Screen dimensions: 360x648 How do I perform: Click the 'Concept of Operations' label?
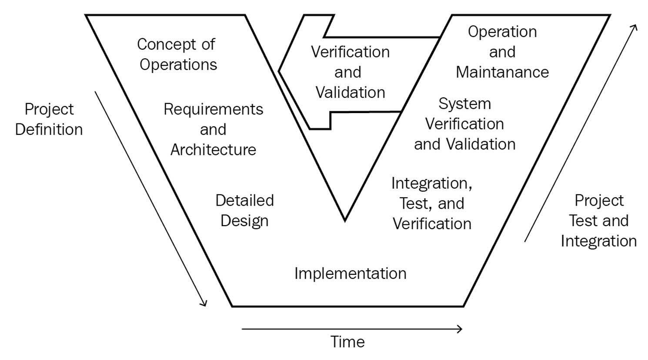pos(177,54)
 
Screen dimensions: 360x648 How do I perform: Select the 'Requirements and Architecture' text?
pos(213,129)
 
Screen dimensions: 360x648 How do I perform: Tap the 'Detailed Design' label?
pos(244,210)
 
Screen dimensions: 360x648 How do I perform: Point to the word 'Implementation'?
pos(350,273)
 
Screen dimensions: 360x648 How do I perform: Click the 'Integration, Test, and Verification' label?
pos(432,203)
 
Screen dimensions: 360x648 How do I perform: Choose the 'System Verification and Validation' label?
pos(464,124)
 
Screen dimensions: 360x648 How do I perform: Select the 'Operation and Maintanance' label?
pos(502,52)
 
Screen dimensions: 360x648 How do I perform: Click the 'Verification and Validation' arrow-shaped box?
pos(350,72)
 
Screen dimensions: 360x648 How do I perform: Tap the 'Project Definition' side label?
pos(49,119)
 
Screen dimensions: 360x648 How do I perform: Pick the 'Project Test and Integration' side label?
pos(599,221)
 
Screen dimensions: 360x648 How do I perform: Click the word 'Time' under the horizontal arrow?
pos(347,342)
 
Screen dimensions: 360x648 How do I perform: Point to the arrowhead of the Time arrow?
pos(460,329)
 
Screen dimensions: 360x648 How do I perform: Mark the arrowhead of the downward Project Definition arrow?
pos(204,303)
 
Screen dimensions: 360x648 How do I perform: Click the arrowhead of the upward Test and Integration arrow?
pos(635,27)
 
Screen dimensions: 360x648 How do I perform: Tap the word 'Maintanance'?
pos(502,72)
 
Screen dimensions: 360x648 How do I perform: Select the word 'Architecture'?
pos(213,150)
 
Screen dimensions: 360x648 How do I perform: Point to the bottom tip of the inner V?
pos(344,220)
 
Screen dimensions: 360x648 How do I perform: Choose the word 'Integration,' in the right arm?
pos(432,183)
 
